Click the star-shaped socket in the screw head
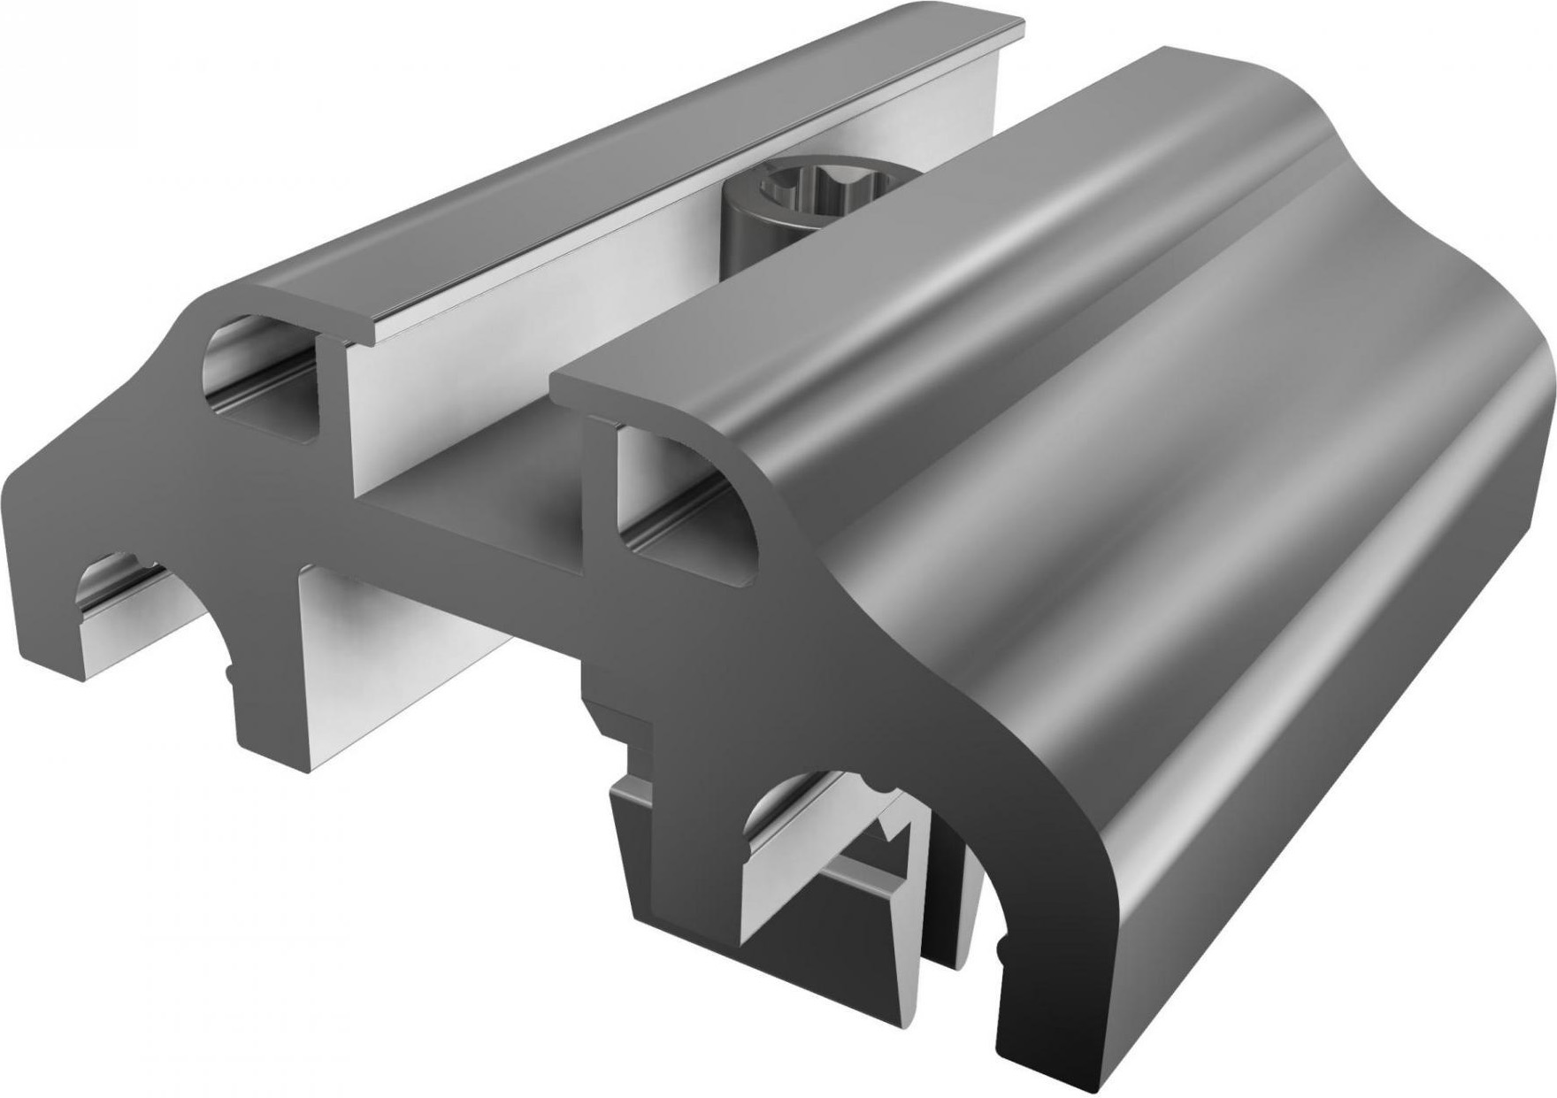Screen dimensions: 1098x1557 (x=790, y=189)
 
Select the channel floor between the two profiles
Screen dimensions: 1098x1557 (x=478, y=522)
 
